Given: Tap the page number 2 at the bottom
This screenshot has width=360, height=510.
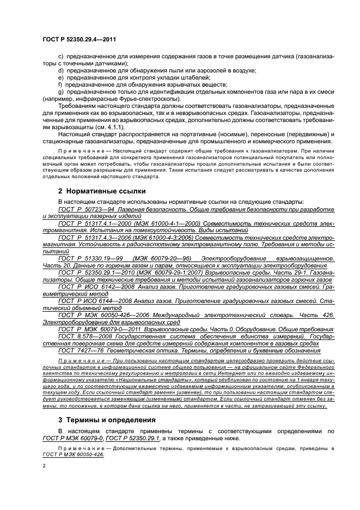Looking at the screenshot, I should [x=44, y=466].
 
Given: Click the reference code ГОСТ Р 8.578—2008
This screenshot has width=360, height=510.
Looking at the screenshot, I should [x=85, y=336].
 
